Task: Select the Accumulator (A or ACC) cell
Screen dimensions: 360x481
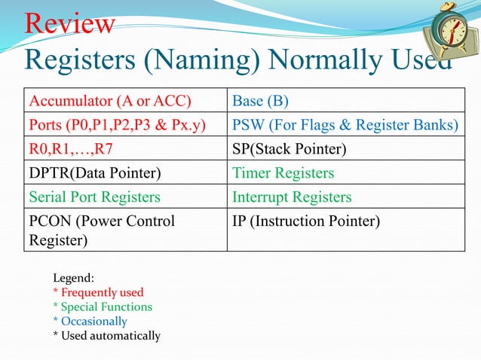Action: pyautogui.click(x=109, y=100)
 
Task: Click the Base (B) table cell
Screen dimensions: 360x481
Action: pyautogui.click(x=261, y=100)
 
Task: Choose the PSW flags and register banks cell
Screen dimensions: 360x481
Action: pyautogui.click(x=345, y=125)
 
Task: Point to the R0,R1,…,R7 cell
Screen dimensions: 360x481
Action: pyautogui.click(x=71, y=149)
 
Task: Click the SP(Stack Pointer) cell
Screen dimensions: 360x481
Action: pyautogui.click(x=290, y=149)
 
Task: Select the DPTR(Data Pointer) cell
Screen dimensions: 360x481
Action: pyautogui.click(x=95, y=173)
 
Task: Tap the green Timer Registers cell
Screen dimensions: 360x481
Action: pyautogui.click(x=283, y=173)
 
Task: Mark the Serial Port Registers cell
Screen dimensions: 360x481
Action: pyautogui.click(x=94, y=197)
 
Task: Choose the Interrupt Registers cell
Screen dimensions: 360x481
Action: pyautogui.click(x=293, y=197)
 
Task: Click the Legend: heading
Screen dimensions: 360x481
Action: pyautogui.click(x=73, y=278)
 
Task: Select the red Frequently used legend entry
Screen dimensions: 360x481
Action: pyautogui.click(x=98, y=292)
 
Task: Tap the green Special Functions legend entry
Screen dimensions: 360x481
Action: pyautogui.click(x=103, y=307)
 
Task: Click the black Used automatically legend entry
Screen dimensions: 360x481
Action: pyautogui.click(x=106, y=335)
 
